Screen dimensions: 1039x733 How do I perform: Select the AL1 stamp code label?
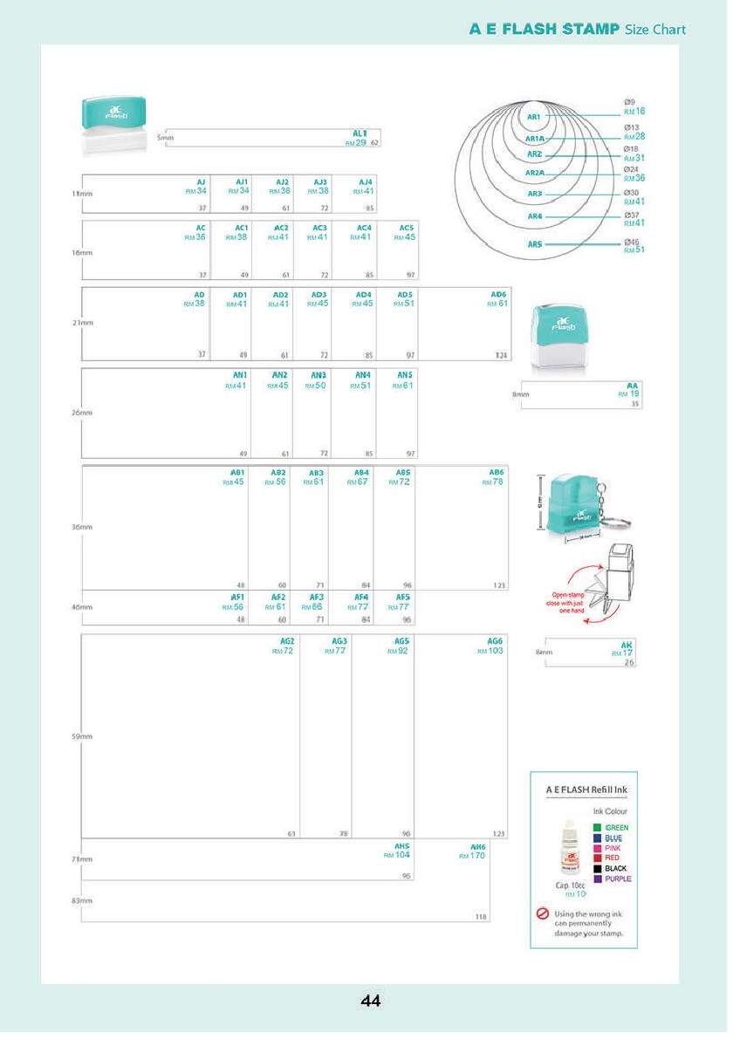click(360, 133)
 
